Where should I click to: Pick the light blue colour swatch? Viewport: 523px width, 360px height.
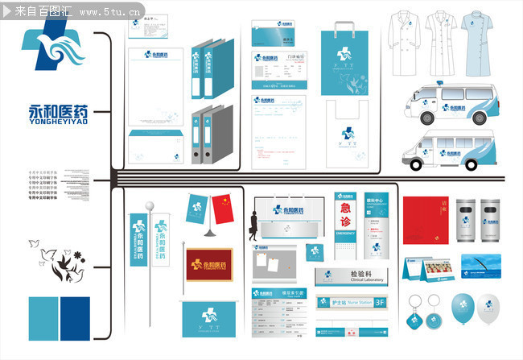point(43,318)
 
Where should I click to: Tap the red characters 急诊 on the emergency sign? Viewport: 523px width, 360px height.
point(345,216)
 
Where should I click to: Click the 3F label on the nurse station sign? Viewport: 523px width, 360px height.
point(381,303)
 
